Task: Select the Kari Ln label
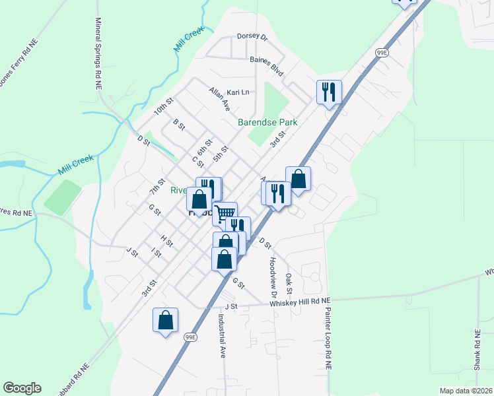(x=238, y=92)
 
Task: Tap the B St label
(x=178, y=124)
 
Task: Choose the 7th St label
(x=157, y=186)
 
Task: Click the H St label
(x=166, y=240)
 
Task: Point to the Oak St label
(x=289, y=284)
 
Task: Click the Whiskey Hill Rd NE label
(x=299, y=302)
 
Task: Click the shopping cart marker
(x=225, y=213)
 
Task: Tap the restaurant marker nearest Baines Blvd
(x=329, y=91)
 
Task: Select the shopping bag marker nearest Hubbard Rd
(x=166, y=321)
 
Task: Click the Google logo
(x=22, y=388)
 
